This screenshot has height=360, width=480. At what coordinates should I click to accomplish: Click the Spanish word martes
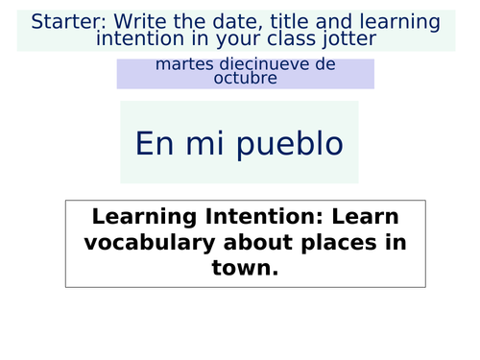coord(182,64)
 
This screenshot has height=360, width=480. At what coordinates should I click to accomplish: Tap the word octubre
coord(246,78)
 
